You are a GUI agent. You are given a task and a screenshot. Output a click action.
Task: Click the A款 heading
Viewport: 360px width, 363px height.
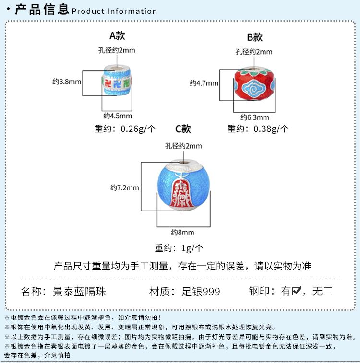pyautogui.click(x=117, y=35)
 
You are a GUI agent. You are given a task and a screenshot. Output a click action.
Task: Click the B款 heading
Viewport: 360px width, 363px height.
pyautogui.click(x=254, y=37)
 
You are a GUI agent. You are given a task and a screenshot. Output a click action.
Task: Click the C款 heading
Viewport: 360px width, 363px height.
pyautogui.click(x=183, y=129)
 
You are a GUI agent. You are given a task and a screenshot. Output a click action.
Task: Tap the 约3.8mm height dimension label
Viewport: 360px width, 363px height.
pyautogui.click(x=67, y=82)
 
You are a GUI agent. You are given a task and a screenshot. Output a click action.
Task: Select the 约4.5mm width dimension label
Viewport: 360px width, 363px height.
pyautogui.click(x=118, y=116)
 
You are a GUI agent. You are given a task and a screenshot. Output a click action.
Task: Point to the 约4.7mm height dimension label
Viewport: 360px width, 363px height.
pyautogui.click(x=204, y=83)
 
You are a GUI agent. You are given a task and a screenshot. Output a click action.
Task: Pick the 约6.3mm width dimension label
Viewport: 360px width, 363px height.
pyautogui.click(x=255, y=117)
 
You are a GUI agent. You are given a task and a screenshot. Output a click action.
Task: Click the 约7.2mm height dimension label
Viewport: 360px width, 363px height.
pyautogui.click(x=125, y=187)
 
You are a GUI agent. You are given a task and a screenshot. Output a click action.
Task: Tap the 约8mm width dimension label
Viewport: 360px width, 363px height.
pyautogui.click(x=182, y=232)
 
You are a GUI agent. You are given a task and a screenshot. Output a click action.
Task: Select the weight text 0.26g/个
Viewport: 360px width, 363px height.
pyautogui.click(x=138, y=129)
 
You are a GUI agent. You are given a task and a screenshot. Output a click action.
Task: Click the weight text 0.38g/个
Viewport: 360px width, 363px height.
pyautogui.click(x=271, y=129)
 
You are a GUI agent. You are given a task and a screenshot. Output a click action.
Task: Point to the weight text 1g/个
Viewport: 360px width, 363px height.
pyautogui.click(x=192, y=248)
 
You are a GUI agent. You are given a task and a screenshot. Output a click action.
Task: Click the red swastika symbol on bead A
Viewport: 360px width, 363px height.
pyautogui.click(x=108, y=83)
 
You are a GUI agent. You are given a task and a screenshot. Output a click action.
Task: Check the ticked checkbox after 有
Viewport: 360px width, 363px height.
pyautogui.click(x=297, y=291)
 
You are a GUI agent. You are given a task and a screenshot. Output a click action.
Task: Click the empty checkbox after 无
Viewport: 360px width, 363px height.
pyautogui.click(x=328, y=291)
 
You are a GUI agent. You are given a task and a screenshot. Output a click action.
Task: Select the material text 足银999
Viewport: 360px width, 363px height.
pyautogui.click(x=201, y=292)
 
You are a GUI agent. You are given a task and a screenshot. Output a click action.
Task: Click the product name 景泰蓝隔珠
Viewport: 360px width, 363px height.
pyautogui.click(x=79, y=292)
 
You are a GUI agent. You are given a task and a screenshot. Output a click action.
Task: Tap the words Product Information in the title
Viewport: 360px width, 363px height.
pyautogui.click(x=114, y=11)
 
